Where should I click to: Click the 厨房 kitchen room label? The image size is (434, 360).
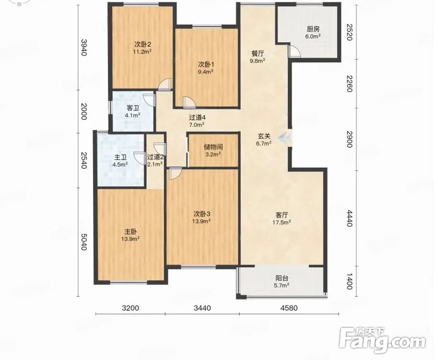pos(313,29)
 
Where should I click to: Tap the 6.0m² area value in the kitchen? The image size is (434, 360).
pos(313,36)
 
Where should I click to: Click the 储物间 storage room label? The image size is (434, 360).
pos(213,147)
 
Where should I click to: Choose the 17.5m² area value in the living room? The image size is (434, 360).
pos(282,222)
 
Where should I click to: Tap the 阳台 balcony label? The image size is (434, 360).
pos(282,278)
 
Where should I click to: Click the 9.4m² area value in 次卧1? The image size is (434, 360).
pos(205,72)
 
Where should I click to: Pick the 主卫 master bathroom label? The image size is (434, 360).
pos(120,157)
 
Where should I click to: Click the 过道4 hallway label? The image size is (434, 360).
pos(197,118)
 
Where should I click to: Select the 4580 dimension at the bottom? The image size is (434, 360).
pos(289,308)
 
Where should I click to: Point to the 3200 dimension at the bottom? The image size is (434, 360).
pos(130,308)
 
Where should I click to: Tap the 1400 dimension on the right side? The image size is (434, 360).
pos(349,281)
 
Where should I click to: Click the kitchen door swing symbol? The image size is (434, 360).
pos(294,51)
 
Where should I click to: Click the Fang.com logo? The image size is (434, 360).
pos(382,341)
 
